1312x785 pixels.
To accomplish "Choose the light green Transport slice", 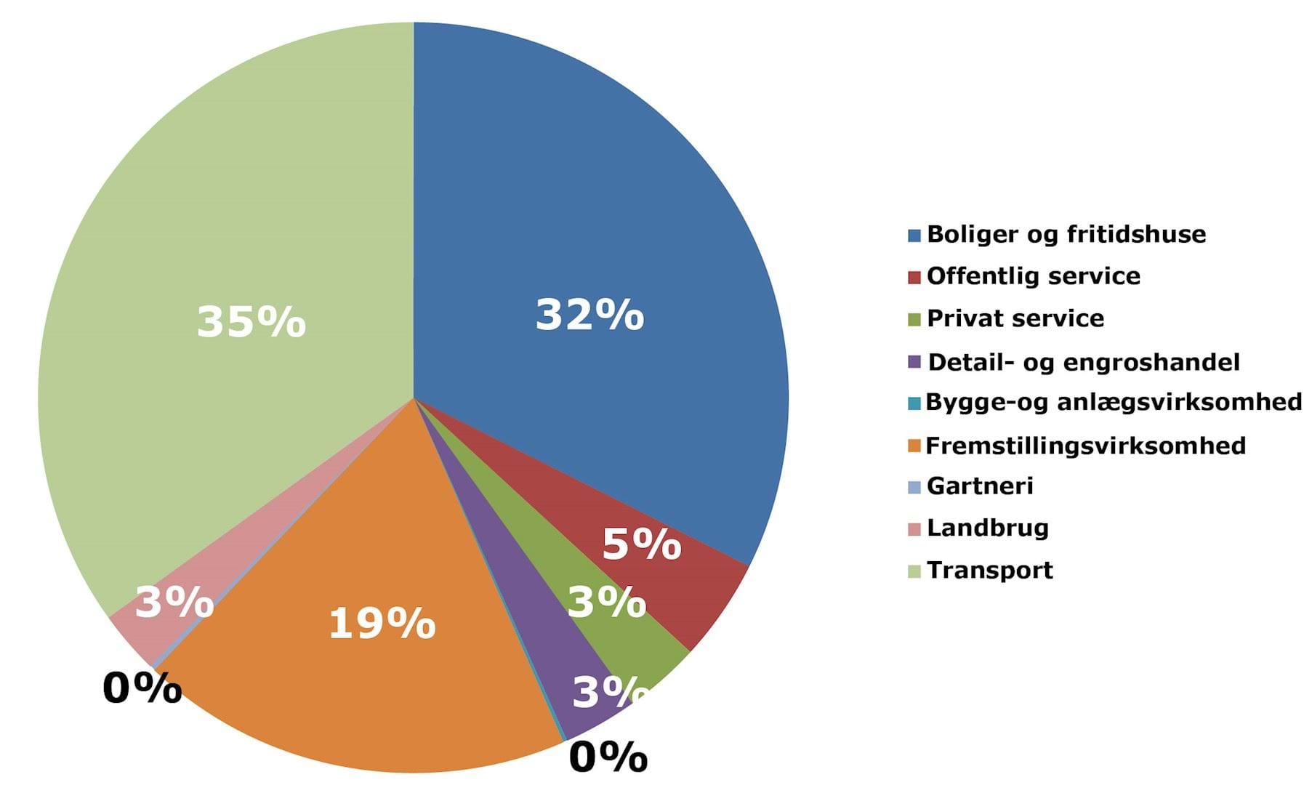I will (x=218, y=218).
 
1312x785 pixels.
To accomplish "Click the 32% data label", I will (x=589, y=315).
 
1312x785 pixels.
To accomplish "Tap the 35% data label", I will (x=251, y=321).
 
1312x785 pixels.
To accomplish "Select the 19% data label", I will (x=382, y=624).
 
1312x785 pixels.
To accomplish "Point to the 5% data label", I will (x=641, y=544).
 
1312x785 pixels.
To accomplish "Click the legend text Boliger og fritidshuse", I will (x=1066, y=234).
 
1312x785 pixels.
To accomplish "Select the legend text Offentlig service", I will (x=1034, y=276).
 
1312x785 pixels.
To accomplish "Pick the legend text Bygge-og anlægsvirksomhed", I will (x=1114, y=402).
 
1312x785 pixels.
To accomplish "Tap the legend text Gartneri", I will (x=980, y=486).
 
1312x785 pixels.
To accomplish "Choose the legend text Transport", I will (x=990, y=570).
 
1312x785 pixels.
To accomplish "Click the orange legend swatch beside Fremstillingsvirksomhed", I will (x=914, y=446).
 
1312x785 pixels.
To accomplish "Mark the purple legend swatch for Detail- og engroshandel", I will (x=914, y=361).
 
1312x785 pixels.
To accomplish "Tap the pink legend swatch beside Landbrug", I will (x=914, y=528).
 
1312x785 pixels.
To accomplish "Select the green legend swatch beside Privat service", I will (x=914, y=319).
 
